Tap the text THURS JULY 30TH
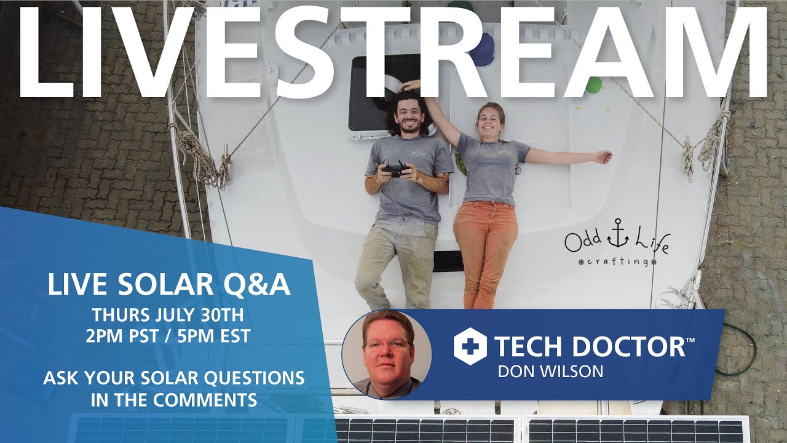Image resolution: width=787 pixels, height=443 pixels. click(168, 315)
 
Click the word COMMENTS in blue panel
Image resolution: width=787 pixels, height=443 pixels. click(205, 400)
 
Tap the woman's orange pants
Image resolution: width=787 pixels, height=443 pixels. click(485, 246)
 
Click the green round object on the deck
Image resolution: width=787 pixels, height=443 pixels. click(593, 85)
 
